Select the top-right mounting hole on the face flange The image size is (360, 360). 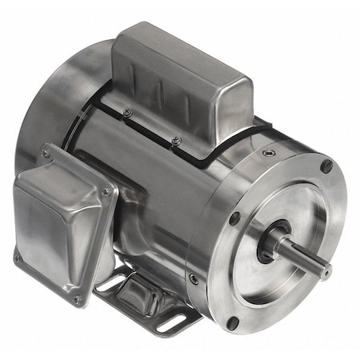pos(326,166)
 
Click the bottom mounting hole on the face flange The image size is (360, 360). pos(232,323)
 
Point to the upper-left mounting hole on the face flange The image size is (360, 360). pos(234,218)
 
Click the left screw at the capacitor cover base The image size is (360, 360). pos(127,113)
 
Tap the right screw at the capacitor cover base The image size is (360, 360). pos(176,140)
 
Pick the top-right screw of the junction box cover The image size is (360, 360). pos(106,192)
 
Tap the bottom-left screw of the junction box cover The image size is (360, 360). pos(18,258)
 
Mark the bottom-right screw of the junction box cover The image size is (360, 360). pos(78,301)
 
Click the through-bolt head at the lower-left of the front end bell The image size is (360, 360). pos(194,278)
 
